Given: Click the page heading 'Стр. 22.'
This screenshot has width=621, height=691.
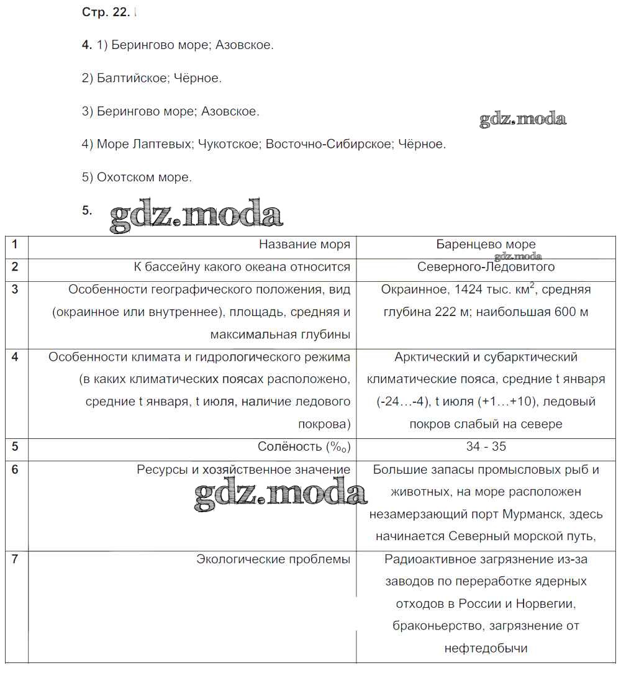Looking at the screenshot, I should point(106,13).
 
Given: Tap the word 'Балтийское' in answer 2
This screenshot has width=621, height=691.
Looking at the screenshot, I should point(132,78).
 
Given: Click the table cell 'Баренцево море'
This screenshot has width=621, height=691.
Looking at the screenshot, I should point(486,245).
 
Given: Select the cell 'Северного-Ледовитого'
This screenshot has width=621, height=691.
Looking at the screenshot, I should point(486,267).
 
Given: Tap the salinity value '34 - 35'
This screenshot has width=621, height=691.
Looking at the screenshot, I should point(486,446).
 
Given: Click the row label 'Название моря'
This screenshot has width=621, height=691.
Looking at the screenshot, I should point(304,245).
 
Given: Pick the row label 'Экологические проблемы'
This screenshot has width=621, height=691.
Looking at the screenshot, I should point(273,559).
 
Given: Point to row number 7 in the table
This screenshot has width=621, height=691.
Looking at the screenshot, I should point(15,559).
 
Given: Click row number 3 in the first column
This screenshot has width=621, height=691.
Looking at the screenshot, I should point(15,289).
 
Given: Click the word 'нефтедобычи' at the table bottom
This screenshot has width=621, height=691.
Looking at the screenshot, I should point(486,649).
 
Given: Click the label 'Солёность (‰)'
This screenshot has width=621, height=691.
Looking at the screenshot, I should point(304,446).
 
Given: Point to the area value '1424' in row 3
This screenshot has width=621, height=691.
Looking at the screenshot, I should point(469,289).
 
